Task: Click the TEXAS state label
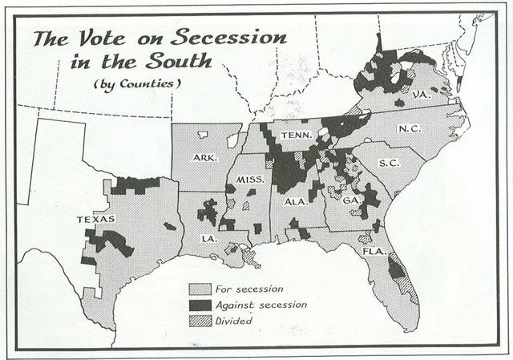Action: (96, 219)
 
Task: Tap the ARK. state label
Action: (205, 158)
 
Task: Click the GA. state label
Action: (350, 200)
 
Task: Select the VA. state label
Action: (422, 95)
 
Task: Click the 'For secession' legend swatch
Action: (199, 289)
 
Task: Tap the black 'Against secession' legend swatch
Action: (199, 305)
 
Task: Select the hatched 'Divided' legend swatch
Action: (199, 320)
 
